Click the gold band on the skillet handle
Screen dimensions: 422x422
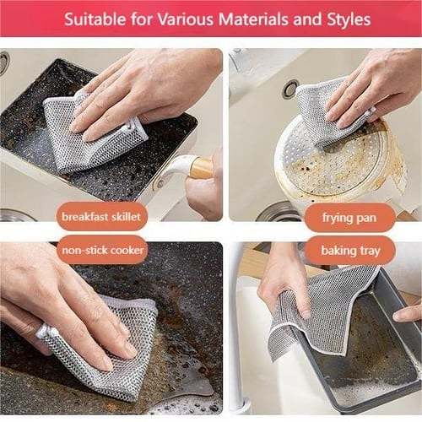pyautogui.click(x=201, y=166)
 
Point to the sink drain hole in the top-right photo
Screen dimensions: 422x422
pyautogui.click(x=290, y=89)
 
